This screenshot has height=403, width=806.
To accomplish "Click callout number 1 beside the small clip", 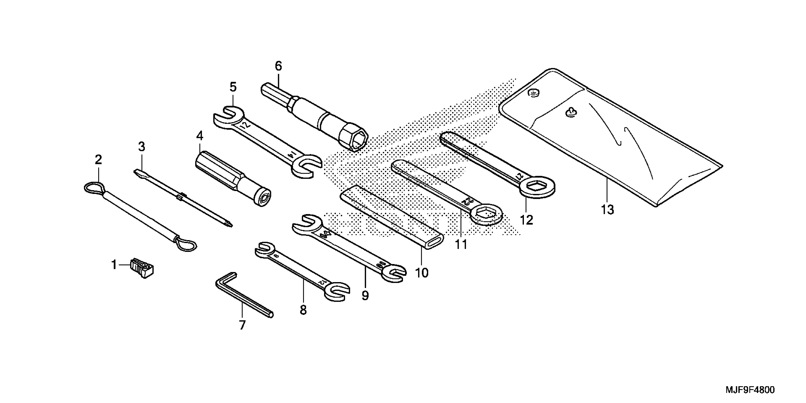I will [114, 265].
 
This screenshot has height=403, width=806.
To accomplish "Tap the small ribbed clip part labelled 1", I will [143, 268].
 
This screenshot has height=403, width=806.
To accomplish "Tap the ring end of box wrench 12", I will [537, 188].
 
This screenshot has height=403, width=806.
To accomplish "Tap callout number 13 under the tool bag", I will [607, 209].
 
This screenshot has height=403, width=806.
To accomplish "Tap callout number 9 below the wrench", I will [365, 295].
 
